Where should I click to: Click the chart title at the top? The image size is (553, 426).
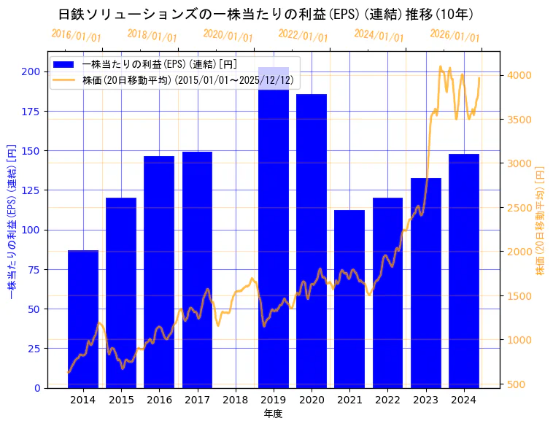point(266,14)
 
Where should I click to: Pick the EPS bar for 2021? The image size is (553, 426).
point(349,299)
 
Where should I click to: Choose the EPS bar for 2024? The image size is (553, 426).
point(464,271)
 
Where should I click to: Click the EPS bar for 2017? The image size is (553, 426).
point(197,270)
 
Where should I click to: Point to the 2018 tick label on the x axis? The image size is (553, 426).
point(235,400)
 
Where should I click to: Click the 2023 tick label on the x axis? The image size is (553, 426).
point(426,400)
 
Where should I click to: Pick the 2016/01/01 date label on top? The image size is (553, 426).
point(76,35)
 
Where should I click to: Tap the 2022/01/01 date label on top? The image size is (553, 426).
point(303,35)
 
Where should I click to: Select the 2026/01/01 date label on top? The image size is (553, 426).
point(455,35)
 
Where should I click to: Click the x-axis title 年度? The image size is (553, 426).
point(274,414)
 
